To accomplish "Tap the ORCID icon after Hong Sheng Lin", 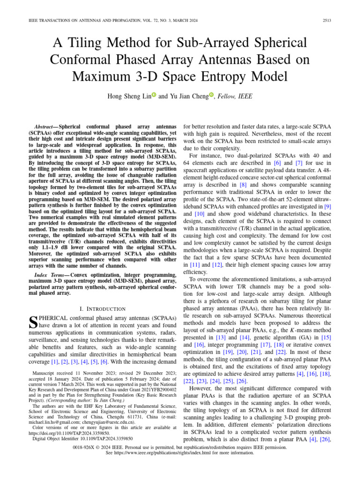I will point(154,95).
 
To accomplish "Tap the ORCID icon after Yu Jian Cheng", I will point(211,95).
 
